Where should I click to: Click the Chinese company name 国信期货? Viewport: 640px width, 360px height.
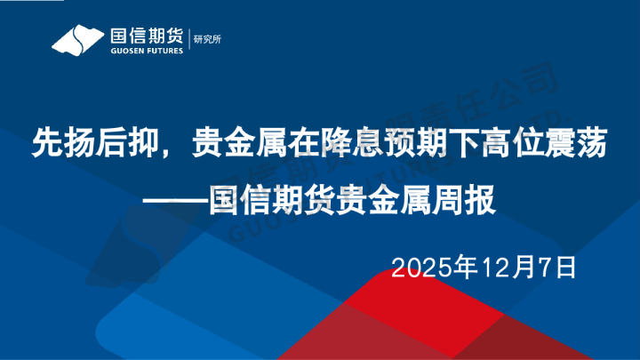click(x=144, y=36)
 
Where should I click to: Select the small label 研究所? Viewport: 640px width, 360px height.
click(x=209, y=40)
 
